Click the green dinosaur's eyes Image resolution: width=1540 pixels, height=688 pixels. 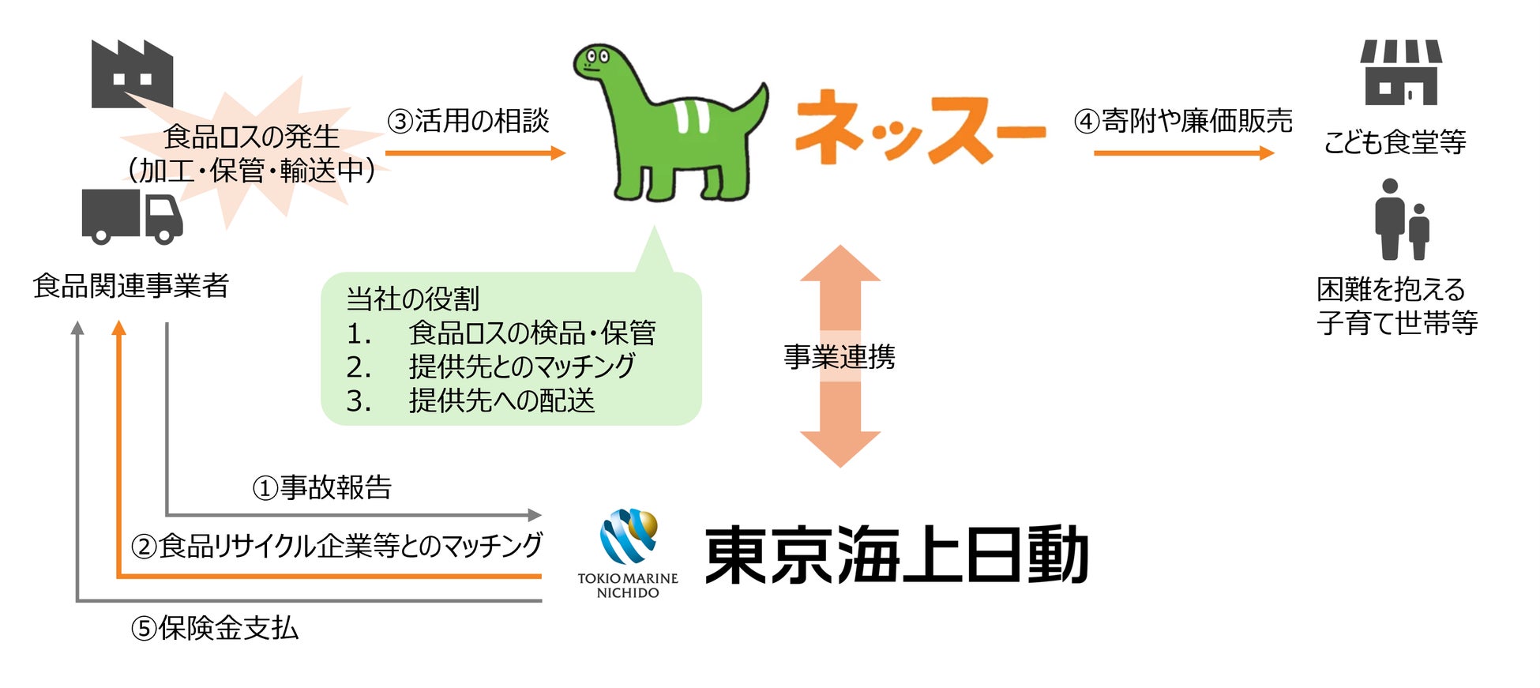click(x=596, y=57)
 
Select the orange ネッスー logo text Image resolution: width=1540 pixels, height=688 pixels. click(x=920, y=128)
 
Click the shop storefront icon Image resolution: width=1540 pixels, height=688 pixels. click(x=1400, y=73)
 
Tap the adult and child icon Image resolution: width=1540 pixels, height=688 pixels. click(x=1402, y=220)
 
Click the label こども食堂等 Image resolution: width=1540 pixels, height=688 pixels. click(x=1395, y=142)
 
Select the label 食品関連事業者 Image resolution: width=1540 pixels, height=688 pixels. click(x=131, y=285)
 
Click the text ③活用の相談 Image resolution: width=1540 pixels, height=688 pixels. click(x=468, y=121)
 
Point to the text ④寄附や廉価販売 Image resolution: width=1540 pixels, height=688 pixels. click(x=1182, y=121)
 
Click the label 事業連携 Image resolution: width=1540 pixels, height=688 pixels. click(x=839, y=357)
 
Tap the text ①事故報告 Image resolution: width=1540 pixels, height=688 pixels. click(x=322, y=487)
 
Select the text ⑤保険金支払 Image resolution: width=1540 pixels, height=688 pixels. click(x=215, y=628)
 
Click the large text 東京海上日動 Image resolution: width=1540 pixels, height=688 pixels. click(x=896, y=555)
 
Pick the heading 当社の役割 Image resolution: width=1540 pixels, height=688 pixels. click(x=413, y=299)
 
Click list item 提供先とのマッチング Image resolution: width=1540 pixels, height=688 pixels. click(x=521, y=367)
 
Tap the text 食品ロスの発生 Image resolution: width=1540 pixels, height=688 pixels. click(x=251, y=137)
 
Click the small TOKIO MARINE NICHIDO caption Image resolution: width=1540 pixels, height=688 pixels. click(x=628, y=585)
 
